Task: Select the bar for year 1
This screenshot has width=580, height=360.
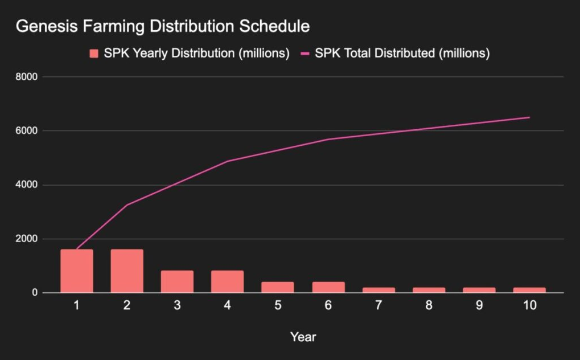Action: click(76, 271)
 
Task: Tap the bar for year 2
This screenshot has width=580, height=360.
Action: click(127, 271)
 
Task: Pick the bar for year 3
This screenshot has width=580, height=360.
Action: click(177, 282)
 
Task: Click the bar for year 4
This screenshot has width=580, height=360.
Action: click(227, 282)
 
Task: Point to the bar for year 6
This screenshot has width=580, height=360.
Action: click(328, 287)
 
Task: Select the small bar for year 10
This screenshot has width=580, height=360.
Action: click(529, 290)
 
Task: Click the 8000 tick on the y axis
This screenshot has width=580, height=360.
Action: click(27, 77)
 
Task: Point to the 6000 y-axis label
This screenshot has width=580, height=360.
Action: click(27, 131)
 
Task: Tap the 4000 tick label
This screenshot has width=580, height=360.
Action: click(27, 185)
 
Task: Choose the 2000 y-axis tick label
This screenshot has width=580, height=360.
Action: click(27, 239)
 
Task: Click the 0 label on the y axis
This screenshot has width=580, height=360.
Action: click(35, 293)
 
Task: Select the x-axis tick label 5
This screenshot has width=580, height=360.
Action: click(278, 306)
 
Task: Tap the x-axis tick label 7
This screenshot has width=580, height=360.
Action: click(379, 306)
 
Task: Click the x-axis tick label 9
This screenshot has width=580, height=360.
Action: click(479, 306)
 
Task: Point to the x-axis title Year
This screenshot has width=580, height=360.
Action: click(303, 337)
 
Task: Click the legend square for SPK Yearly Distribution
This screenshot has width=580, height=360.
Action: click(94, 54)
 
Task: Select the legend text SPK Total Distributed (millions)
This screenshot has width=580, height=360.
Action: click(402, 54)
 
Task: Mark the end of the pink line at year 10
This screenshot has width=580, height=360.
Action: click(529, 117)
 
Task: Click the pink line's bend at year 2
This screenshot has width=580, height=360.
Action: click(127, 205)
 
